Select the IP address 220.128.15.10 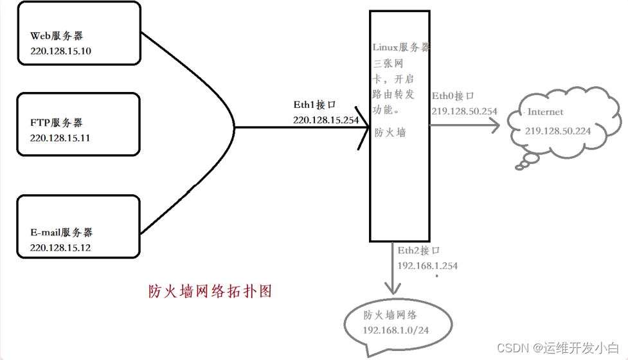click(60, 51)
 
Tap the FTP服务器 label click(56, 122)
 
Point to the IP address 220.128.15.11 click(60, 138)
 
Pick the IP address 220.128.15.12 click(60, 248)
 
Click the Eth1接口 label click(314, 104)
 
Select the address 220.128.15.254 click(326, 120)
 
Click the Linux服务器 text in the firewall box click(401, 48)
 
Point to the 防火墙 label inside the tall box click(390, 133)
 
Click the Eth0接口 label click(453, 96)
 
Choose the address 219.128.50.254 click(464, 111)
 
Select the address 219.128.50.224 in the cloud click(558, 131)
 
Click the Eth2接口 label click(418, 251)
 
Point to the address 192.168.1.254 click(427, 265)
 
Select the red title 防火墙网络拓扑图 click(210, 291)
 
